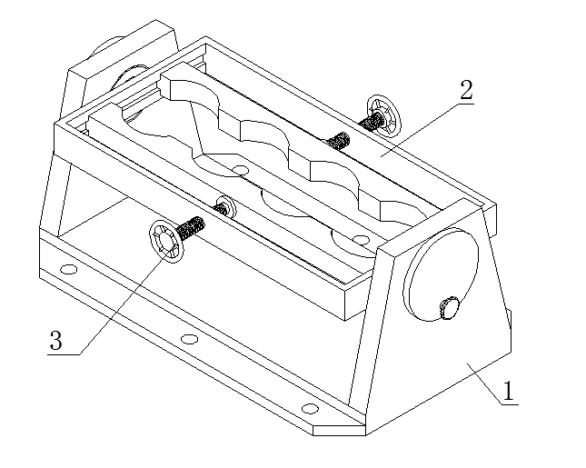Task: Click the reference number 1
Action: pyautogui.click(x=509, y=392)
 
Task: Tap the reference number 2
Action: pyautogui.click(x=466, y=90)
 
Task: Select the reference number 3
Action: pyautogui.click(x=56, y=341)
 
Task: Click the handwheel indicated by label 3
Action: pyautogui.click(x=166, y=241)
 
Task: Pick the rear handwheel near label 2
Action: pyautogui.click(x=383, y=116)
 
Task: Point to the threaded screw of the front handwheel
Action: pyautogui.click(x=191, y=228)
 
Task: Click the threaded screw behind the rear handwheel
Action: pyautogui.click(x=371, y=121)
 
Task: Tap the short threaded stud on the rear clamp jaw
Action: pyautogui.click(x=338, y=141)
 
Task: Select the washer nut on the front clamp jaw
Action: pyautogui.click(x=225, y=206)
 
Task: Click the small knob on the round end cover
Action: pyautogui.click(x=449, y=307)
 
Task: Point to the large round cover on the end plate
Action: pyautogui.click(x=441, y=274)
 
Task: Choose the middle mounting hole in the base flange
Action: pyautogui.click(x=190, y=339)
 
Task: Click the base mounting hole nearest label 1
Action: pyautogui.click(x=310, y=409)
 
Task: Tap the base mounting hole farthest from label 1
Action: pyautogui.click(x=68, y=269)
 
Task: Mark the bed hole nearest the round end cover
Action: pyautogui.click(x=361, y=239)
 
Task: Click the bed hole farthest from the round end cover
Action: pyautogui.click(x=240, y=170)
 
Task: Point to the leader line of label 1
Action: pyautogui.click(x=484, y=383)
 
